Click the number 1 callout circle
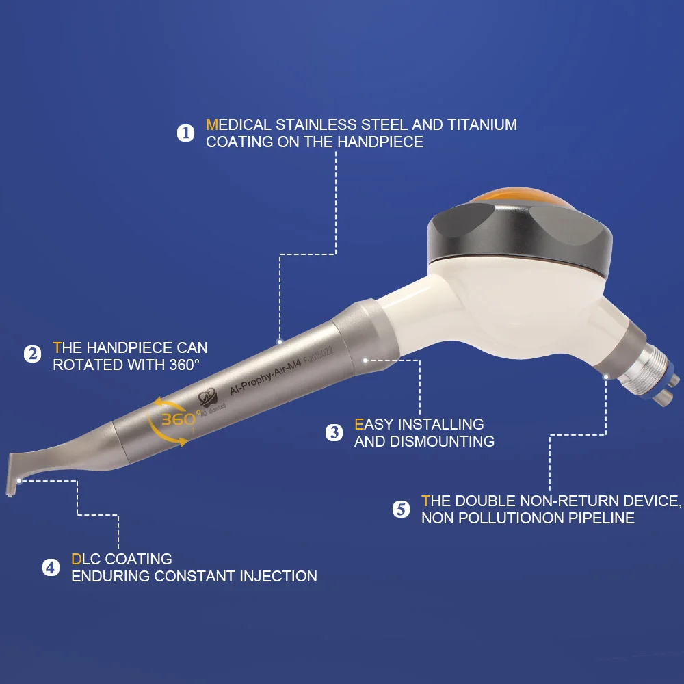pos(186,133)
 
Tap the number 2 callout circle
pos(32,354)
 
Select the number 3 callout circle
pos(334,432)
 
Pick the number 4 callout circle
pos(51,567)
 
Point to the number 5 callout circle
pos(402,510)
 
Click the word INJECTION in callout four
pos(278,576)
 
